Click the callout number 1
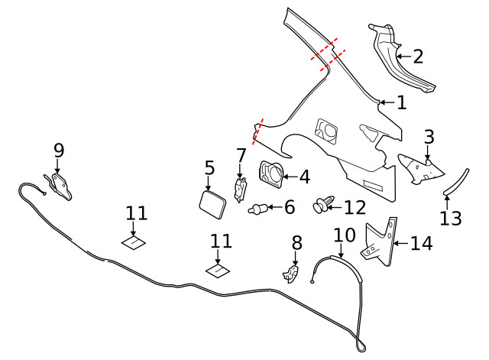click(402, 102)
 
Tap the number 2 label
click(418, 57)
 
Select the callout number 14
click(421, 243)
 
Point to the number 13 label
click(451, 218)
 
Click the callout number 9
click(59, 151)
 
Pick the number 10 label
click(345, 235)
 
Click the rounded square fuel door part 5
click(212, 204)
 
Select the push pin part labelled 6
click(257, 208)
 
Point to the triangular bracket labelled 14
click(382, 242)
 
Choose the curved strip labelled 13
click(455, 182)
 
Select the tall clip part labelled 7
click(240, 190)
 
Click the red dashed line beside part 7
click(257, 131)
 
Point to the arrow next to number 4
click(290, 177)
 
